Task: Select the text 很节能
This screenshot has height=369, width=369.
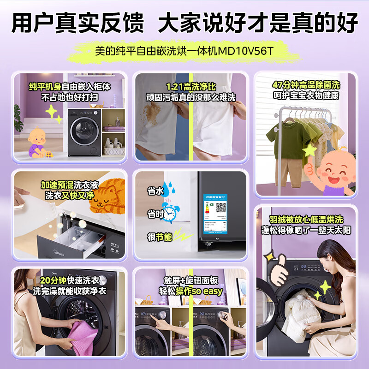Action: point(160,237)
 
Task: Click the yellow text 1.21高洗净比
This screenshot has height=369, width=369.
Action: point(190,87)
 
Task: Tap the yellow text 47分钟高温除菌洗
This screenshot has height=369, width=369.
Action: point(305,86)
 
